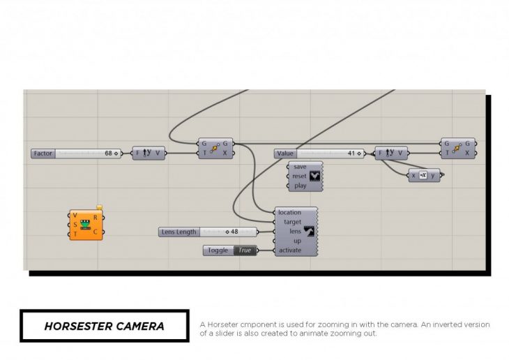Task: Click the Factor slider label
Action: (43, 153)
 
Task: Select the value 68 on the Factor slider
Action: (109, 153)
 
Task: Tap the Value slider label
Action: (285, 153)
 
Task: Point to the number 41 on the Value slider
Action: (351, 153)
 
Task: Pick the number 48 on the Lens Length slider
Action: (234, 232)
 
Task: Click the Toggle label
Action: (218, 250)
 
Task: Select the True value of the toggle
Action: (245, 250)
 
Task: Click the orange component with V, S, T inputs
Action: (87, 225)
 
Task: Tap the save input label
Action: (300, 167)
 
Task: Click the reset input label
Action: (299, 177)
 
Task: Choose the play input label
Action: (300, 186)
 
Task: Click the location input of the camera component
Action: (289, 212)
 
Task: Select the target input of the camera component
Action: (291, 222)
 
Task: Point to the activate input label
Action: (290, 250)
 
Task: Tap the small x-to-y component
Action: (424, 175)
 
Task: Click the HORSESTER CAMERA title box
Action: (104, 326)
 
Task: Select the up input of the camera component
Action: (297, 241)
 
